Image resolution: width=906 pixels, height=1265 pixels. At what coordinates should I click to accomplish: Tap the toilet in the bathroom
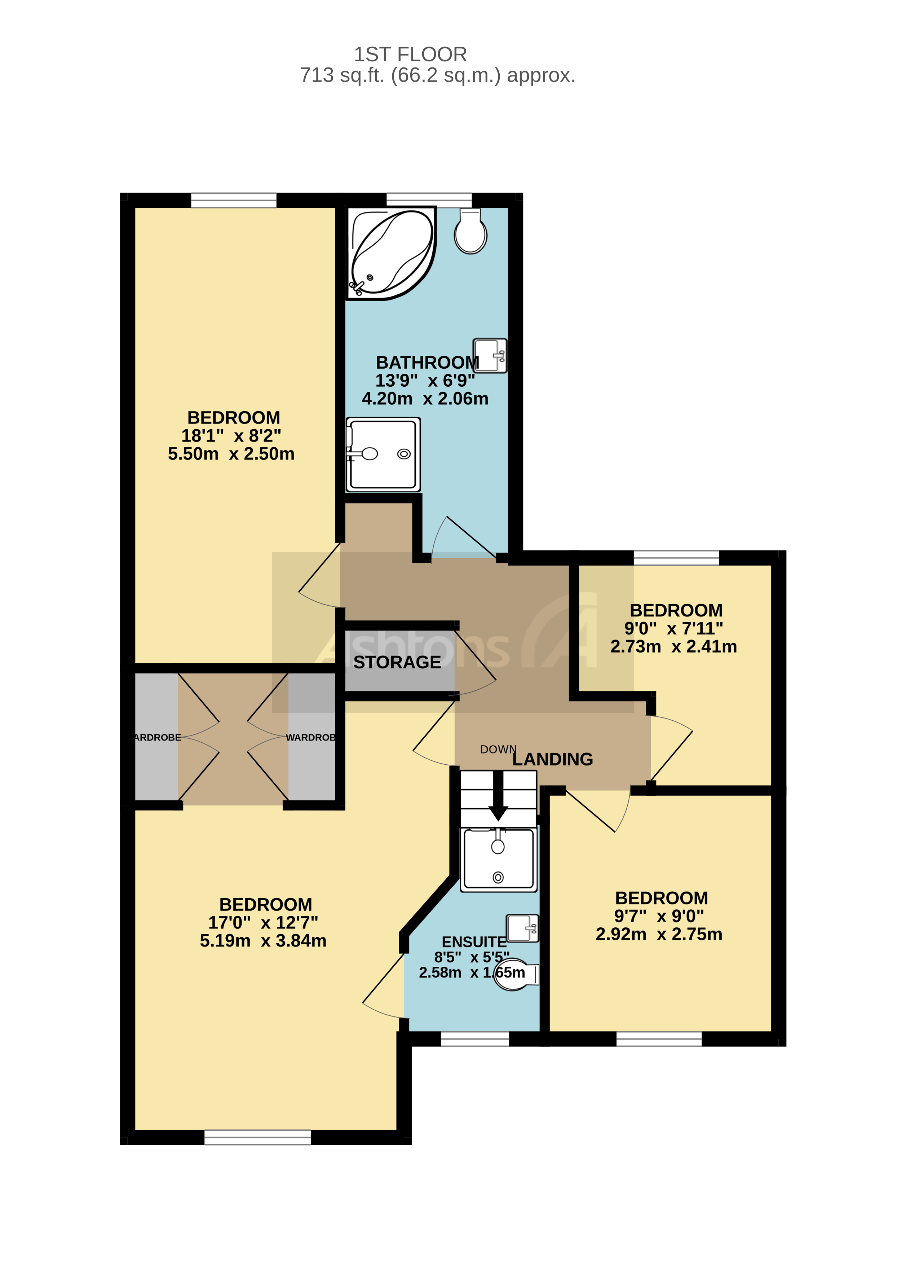pyautogui.click(x=470, y=232)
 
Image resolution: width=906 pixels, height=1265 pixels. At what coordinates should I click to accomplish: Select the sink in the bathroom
pyautogui.click(x=490, y=355)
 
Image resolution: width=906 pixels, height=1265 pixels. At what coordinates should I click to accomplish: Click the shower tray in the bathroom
pyautogui.click(x=383, y=454)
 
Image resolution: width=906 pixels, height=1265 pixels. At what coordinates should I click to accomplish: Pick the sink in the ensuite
pyautogui.click(x=522, y=929)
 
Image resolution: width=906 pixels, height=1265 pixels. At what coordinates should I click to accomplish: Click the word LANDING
pyautogui.click(x=552, y=759)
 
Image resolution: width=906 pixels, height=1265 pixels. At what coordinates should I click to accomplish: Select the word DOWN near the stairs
pyautogui.click(x=498, y=749)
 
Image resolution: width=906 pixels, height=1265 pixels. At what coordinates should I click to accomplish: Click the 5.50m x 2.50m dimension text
pyautogui.click(x=231, y=454)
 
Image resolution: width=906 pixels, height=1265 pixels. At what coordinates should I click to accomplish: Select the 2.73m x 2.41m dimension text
pyautogui.click(x=673, y=646)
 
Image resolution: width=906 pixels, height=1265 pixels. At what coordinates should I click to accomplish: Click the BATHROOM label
pyautogui.click(x=427, y=363)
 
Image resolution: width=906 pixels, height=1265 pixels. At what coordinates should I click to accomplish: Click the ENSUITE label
pyautogui.click(x=474, y=942)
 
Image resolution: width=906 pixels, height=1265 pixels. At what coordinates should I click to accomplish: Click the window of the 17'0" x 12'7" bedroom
pyautogui.click(x=257, y=1137)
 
